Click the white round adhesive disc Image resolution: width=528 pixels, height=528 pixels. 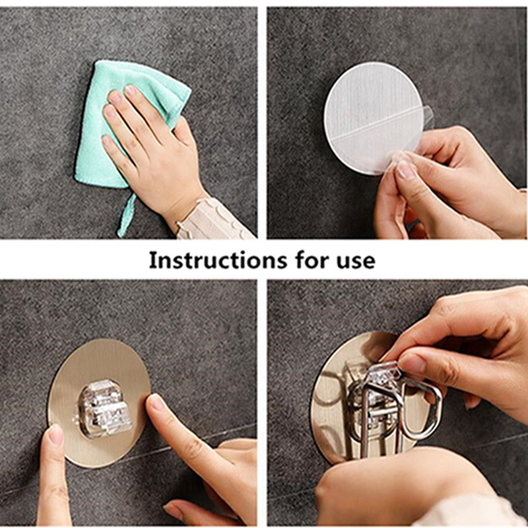(x=373, y=118)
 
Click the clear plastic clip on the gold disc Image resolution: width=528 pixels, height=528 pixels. (x=104, y=409)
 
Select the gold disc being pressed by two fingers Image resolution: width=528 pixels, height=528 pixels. (x=98, y=403)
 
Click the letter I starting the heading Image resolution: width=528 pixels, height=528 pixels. (x=152, y=260)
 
